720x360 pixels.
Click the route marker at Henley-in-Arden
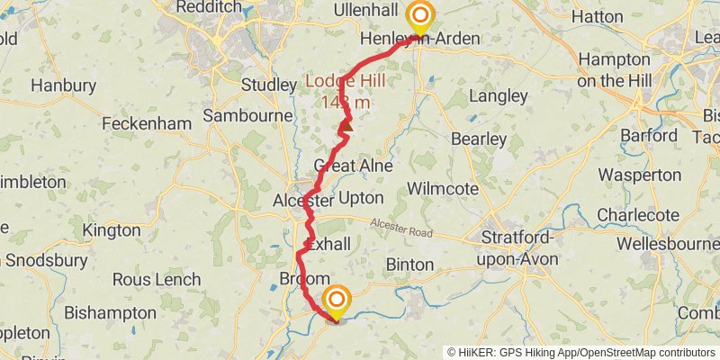click(419, 17)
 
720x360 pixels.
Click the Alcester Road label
click(404, 231)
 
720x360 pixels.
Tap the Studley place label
click(269, 85)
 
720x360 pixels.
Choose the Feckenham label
click(147, 123)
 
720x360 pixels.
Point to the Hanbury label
click(63, 86)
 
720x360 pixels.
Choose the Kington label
click(111, 230)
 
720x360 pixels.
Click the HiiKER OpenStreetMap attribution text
click(581, 352)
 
